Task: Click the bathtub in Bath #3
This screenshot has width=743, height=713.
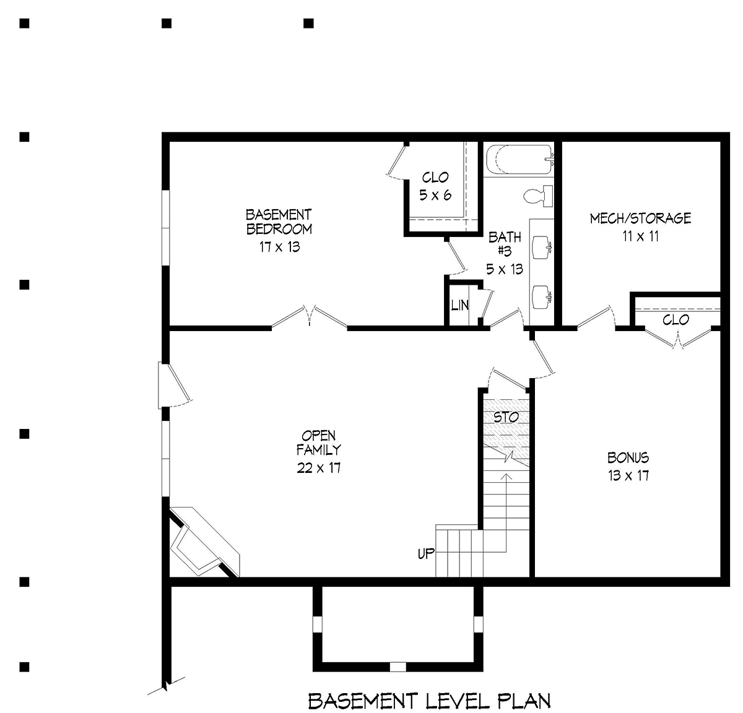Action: tap(519, 160)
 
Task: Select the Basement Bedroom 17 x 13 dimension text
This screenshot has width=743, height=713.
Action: tap(280, 247)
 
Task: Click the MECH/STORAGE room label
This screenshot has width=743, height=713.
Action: tap(640, 218)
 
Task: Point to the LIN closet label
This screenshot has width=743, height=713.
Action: tap(459, 305)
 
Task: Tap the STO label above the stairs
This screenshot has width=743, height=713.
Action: tap(506, 417)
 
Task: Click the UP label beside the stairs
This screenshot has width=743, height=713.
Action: tap(426, 553)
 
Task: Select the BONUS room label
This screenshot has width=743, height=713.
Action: tap(628, 457)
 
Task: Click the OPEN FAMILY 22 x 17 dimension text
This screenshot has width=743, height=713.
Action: tap(318, 467)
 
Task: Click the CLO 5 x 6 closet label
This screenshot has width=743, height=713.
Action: tap(435, 186)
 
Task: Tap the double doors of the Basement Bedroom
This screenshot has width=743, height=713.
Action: tap(309, 316)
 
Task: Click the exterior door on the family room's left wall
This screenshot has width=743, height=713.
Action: tap(174, 385)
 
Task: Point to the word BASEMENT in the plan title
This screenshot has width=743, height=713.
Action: tap(363, 701)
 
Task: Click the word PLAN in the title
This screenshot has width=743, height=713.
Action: tap(524, 701)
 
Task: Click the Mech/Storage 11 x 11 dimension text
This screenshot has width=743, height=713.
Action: tap(641, 236)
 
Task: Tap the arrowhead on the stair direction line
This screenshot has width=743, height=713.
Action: tap(506, 476)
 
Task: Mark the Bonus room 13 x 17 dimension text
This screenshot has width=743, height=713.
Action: tap(628, 475)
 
